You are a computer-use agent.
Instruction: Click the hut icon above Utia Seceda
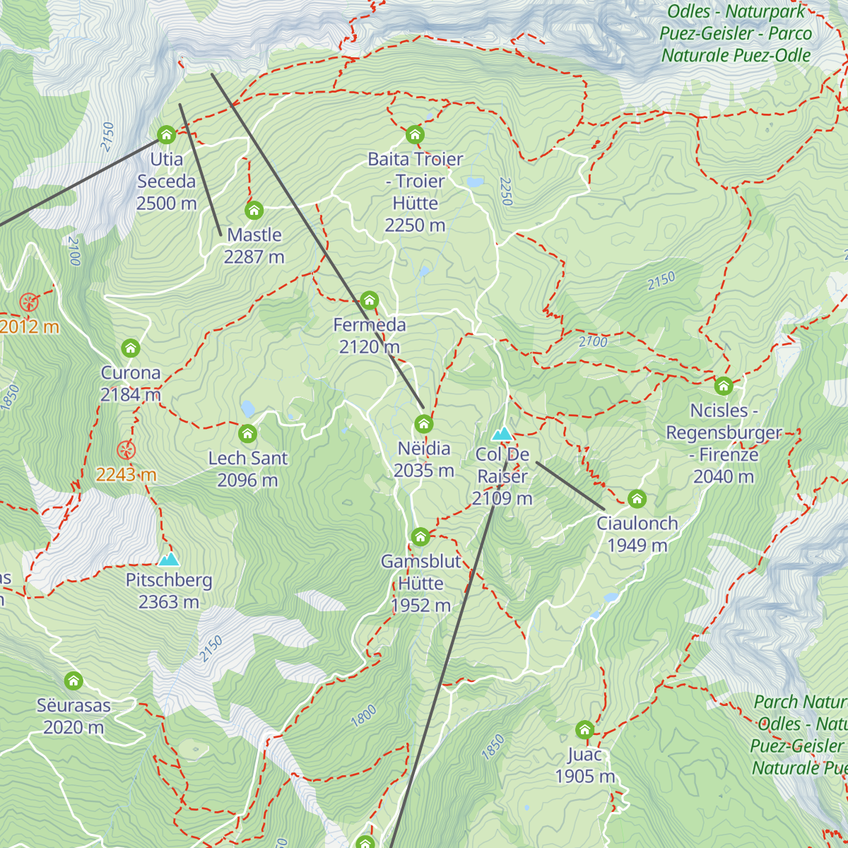[166, 134]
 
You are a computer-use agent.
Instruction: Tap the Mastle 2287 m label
[254, 245]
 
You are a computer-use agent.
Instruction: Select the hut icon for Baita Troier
[415, 134]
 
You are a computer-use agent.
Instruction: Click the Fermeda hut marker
[370, 300]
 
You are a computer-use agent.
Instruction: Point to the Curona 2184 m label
[131, 383]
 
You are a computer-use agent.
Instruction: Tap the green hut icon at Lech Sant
[247, 433]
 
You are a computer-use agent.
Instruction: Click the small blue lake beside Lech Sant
[247, 408]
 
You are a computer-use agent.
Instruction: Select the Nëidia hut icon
[423, 424]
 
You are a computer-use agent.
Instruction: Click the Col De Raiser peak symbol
[502, 433]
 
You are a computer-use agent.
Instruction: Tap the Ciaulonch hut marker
[637, 499]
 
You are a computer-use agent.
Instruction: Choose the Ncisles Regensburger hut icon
[723, 386]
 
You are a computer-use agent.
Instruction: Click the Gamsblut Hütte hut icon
[420, 537]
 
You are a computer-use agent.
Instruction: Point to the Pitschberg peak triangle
[169, 560]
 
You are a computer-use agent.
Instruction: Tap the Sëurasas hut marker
[73, 681]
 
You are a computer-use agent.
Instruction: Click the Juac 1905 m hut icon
[584, 729]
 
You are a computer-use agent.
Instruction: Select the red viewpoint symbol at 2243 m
[126, 450]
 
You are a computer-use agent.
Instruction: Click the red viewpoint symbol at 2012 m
[29, 302]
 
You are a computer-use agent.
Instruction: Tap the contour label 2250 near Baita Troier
[505, 191]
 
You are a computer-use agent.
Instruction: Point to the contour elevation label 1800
[364, 716]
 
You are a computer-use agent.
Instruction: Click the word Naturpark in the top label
[765, 11]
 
